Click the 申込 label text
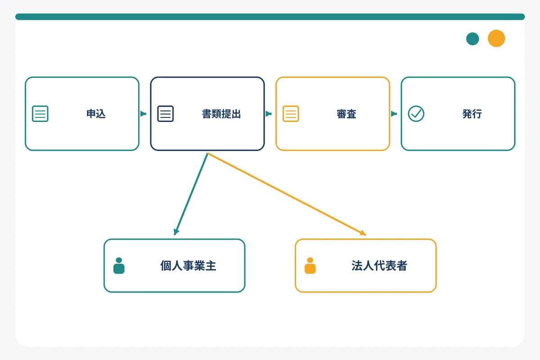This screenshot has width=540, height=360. pos(96,114)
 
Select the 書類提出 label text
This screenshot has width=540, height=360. pos(221,114)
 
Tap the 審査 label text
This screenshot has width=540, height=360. pos(346,114)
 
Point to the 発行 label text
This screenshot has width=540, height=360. pos(472,114)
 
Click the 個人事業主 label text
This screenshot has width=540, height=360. pos(188,265)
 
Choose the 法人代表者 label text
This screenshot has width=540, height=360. pos(379,265)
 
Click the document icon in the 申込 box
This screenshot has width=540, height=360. pos(40,113)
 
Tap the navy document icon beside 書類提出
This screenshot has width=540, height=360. pos(166,113)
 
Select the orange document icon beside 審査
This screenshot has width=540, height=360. pos(291,113)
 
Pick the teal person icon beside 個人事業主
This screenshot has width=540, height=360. pos(119,265)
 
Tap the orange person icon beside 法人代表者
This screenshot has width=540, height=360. pos(310,265)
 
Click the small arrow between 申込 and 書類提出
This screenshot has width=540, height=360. pos(143,113)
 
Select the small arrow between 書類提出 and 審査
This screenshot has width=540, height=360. pos(269,113)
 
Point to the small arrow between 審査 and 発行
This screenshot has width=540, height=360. pos(394,113)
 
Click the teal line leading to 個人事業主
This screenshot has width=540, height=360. pos(192,194)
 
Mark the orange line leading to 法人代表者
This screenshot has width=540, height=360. pos(287,194)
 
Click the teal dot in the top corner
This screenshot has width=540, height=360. pos(472,39)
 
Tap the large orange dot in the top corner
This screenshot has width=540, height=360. pos(496,38)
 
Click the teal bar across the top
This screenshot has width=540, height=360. pos(270,17)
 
